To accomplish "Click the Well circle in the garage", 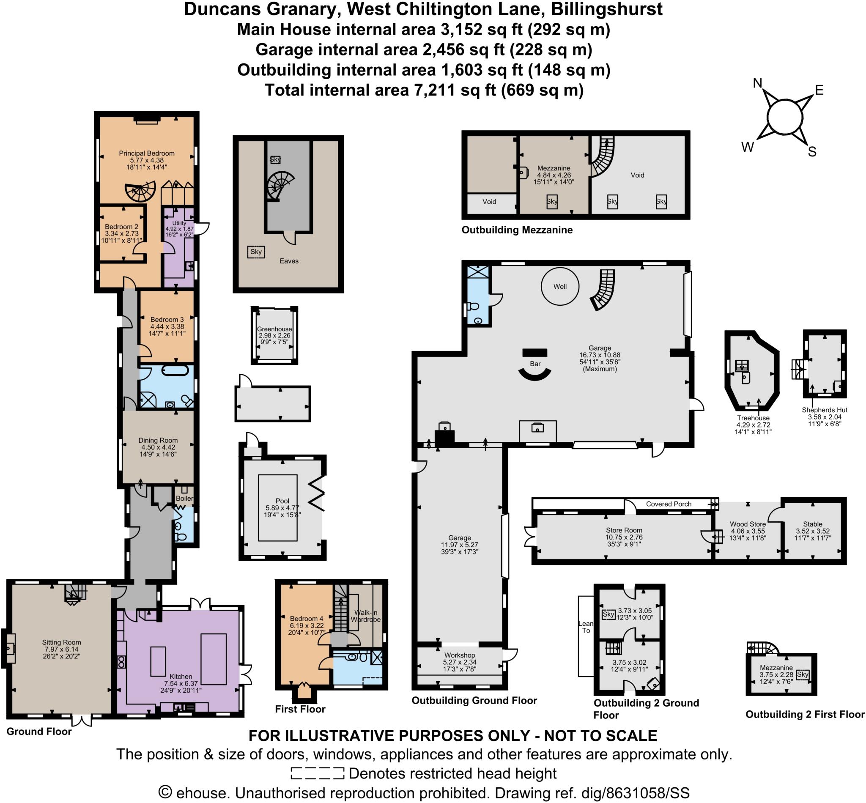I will (560, 286).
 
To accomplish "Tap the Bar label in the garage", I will (535, 364).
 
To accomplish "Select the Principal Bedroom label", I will (146, 153).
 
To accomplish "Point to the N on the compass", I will (757, 83).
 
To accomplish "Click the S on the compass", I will (812, 151).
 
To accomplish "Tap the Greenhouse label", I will (274, 329).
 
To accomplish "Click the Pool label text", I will (282, 501).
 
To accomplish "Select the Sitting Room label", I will (61, 642).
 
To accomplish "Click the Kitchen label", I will (181, 677).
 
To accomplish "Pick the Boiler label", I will (184, 499).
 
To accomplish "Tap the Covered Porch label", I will (668, 504).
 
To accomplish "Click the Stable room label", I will (813, 524).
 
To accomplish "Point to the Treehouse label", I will (753, 418).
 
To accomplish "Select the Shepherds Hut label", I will (824, 410).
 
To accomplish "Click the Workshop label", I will (459, 655).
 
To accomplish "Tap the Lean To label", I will (586, 627).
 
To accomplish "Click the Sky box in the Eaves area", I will (256, 252).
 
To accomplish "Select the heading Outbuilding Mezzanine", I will (517, 230).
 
